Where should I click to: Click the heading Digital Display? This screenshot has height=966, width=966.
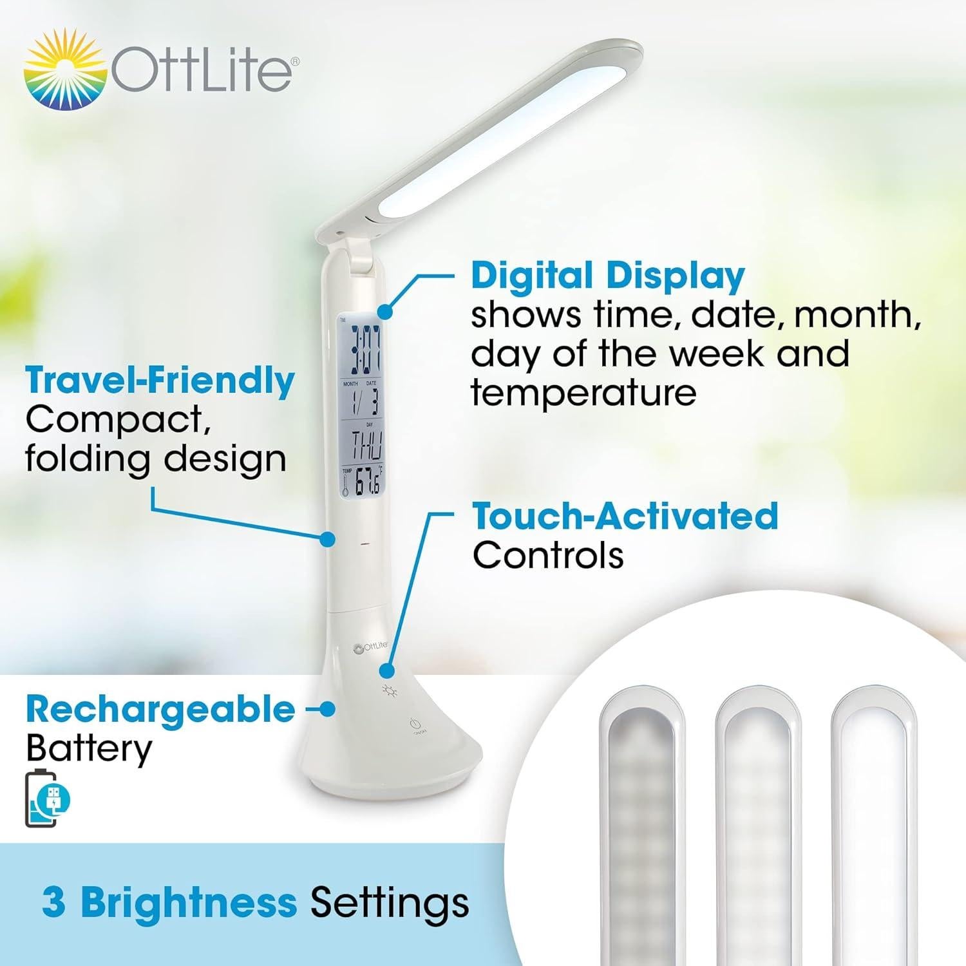pyautogui.click(x=607, y=276)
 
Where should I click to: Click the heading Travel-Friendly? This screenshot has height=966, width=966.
pyautogui.click(x=160, y=381)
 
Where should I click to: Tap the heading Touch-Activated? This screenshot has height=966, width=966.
pyautogui.click(x=625, y=516)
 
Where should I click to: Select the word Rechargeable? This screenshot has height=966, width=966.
pyautogui.click(x=160, y=710)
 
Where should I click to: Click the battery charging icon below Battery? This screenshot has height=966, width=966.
pyautogui.click(x=48, y=799)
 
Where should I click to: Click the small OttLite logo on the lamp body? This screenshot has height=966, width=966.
pyautogui.click(x=371, y=647)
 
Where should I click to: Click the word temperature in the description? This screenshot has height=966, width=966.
pyautogui.click(x=583, y=393)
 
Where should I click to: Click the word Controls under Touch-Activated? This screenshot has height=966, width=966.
pyautogui.click(x=547, y=556)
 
